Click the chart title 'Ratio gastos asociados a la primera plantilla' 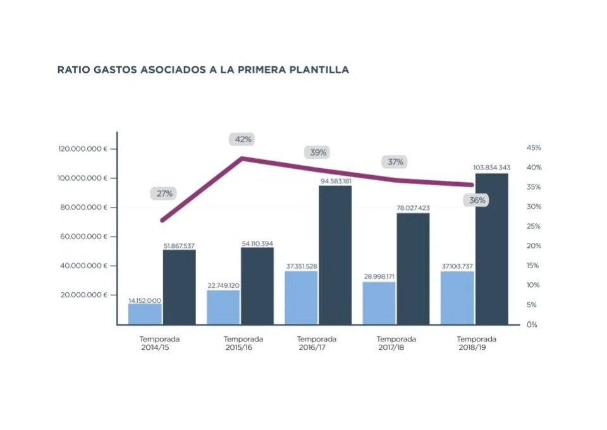click(203, 70)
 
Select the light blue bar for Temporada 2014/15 click(145, 314)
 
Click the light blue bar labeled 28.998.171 click(379, 303)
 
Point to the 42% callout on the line click(243, 139)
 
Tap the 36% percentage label click(478, 200)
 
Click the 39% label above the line click(319, 152)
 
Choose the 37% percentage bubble click(395, 162)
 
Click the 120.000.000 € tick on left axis click(82, 149)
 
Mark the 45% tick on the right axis click(533, 148)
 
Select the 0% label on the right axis click(531, 324)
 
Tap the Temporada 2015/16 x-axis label click(243, 343)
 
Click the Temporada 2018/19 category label click(477, 343)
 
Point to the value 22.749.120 click(223, 285)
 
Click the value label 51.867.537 click(179, 245)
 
